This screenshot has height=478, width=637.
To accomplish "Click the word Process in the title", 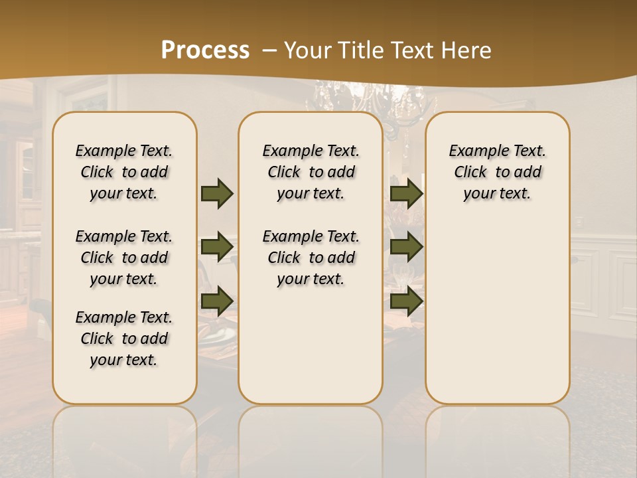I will pyautogui.click(x=205, y=50).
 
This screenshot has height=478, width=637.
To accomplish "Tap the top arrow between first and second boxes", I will pyautogui.click(x=217, y=194).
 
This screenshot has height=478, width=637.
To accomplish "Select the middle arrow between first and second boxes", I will pyautogui.click(x=217, y=247).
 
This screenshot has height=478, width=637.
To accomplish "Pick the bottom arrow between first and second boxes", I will pyautogui.click(x=217, y=301).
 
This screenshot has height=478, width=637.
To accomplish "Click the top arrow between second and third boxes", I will pyautogui.click(x=406, y=194).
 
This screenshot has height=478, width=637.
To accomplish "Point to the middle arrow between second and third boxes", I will pyautogui.click(x=406, y=247).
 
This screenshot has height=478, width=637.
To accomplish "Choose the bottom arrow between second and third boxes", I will pyautogui.click(x=406, y=301).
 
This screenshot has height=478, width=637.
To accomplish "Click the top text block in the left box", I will pyautogui.click(x=124, y=172).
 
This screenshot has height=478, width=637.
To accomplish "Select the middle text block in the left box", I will pyautogui.click(x=124, y=258).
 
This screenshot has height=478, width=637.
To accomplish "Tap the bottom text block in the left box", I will pyautogui.click(x=124, y=339).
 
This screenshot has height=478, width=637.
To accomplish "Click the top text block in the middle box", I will pyautogui.click(x=311, y=172).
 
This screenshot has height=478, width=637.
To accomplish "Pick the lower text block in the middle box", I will pyautogui.click(x=311, y=258).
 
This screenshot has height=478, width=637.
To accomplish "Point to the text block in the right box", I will pyautogui.click(x=497, y=172).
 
